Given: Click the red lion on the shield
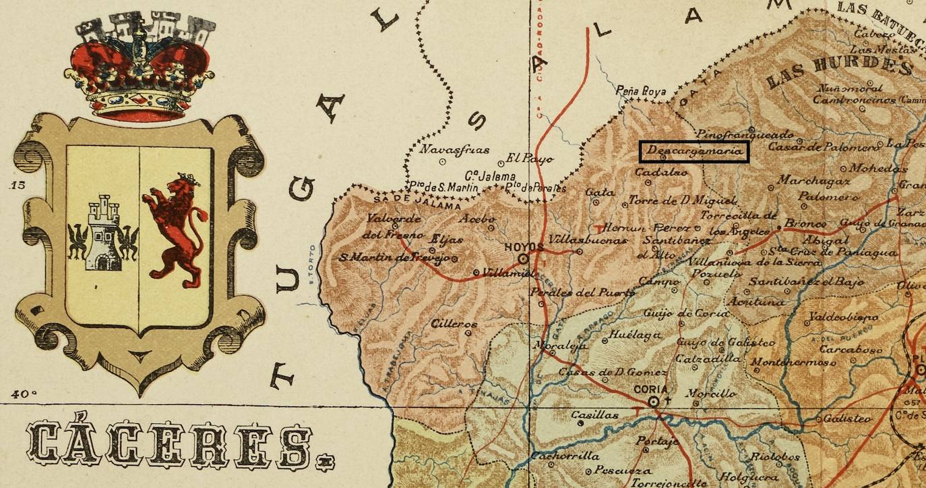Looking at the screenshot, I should coord(174,228).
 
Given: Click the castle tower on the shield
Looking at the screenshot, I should coord(103,233).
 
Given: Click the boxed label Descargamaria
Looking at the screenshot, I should coord(693,151).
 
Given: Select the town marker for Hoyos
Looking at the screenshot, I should coord(523,259).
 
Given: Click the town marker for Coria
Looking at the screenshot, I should coord(653,402).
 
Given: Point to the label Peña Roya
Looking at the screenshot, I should coord(642,91).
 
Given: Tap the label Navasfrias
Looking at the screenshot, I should coord(445,149).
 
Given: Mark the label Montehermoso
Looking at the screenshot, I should coord(793,362).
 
